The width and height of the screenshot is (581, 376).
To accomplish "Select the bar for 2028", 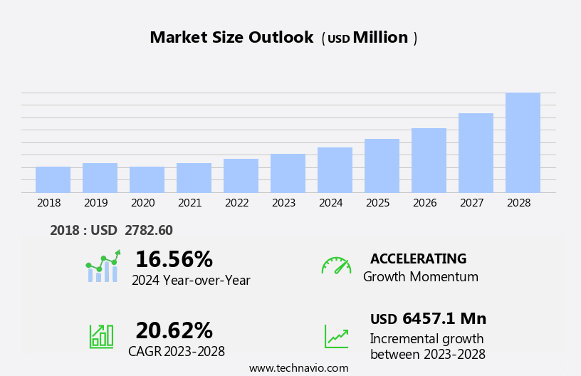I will pyautogui.click(x=523, y=142).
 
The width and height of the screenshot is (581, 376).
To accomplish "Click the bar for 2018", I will pyautogui.click(x=53, y=179).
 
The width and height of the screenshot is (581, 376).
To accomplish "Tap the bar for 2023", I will pyautogui.click(x=288, y=173).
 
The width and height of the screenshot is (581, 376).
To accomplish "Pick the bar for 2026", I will pyautogui.click(x=429, y=160).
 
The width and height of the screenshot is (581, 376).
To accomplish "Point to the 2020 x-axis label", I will pyautogui.click(x=142, y=203).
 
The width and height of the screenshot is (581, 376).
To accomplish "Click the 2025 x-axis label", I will pyautogui.click(x=377, y=203).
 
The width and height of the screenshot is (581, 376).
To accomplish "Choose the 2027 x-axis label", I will pyautogui.click(x=471, y=203).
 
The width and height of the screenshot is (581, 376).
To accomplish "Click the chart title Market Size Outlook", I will pyautogui.click(x=231, y=38).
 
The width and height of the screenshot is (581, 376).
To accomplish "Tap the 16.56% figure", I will pyautogui.click(x=174, y=259).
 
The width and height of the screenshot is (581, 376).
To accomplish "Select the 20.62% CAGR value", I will pyautogui.click(x=174, y=330).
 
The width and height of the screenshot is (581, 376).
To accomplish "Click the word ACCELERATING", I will pyautogui.click(x=418, y=259).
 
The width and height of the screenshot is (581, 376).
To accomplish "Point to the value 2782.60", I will pyautogui.click(x=148, y=230).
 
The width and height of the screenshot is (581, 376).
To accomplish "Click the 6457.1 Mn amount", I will pyautogui.click(x=444, y=318).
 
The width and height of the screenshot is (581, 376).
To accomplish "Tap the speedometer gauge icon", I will pyautogui.click(x=336, y=266).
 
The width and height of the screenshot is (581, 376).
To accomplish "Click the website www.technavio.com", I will pyautogui.click(x=298, y=368).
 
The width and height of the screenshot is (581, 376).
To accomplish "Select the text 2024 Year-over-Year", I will pyautogui.click(x=191, y=281).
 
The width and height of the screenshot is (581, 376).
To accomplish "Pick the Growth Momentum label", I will pyautogui.click(x=420, y=277).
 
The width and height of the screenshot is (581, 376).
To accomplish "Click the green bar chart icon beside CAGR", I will pyautogui.click(x=101, y=335).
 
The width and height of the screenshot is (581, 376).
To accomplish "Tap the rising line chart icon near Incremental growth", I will pyautogui.click(x=336, y=335).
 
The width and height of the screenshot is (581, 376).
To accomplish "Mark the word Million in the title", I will pyautogui.click(x=380, y=38).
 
